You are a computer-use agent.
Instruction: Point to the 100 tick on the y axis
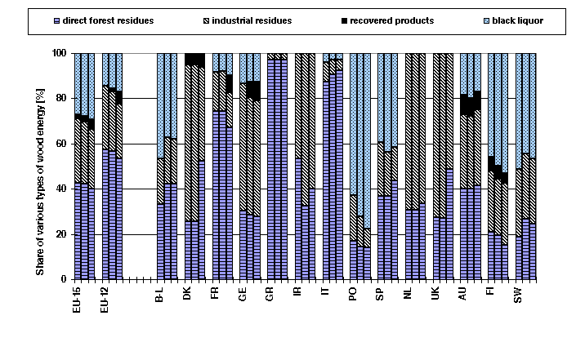click(x=59, y=53)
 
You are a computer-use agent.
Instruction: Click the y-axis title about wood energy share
click(x=40, y=166)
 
